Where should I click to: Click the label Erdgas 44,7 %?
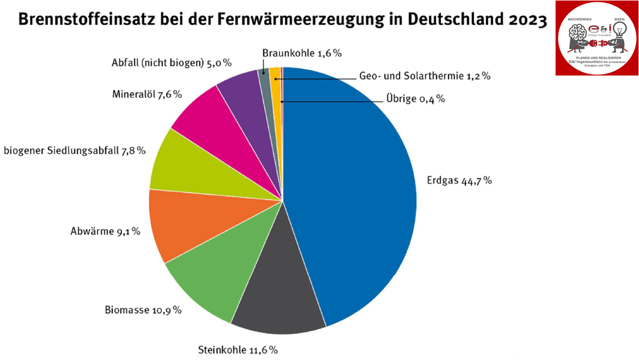(x=459, y=180)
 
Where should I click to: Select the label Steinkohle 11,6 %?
(x=238, y=350)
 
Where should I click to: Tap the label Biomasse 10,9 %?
(x=143, y=310)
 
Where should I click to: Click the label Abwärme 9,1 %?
(x=105, y=231)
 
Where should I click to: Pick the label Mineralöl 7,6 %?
(x=147, y=94)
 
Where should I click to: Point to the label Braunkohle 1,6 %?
(x=302, y=53)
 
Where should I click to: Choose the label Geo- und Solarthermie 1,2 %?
(x=425, y=76)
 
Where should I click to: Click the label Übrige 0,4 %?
(x=415, y=99)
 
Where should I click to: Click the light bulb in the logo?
(x=620, y=30)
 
